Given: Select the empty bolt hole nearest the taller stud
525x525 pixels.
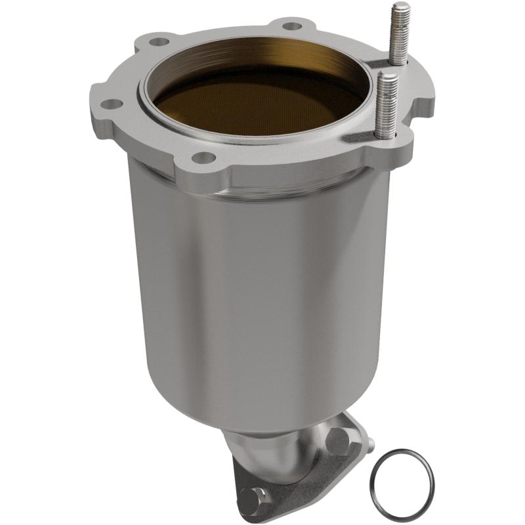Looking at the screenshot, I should point(293,26).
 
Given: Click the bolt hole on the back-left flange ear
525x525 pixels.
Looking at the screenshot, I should point(157,42).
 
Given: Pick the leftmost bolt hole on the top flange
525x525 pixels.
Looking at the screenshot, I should point(112,104).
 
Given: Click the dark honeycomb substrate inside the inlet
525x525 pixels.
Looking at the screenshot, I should point(256,108).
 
